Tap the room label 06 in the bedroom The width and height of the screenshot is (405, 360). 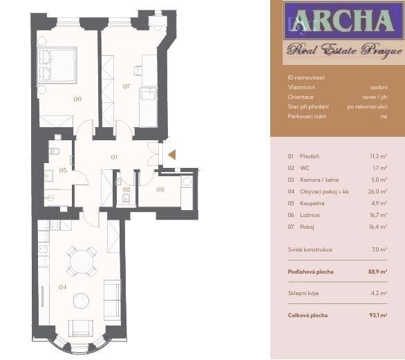[77, 100]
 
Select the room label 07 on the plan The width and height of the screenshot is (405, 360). [126, 86]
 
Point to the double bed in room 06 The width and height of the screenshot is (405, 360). [57, 66]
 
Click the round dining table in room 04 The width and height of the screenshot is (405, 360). [82, 262]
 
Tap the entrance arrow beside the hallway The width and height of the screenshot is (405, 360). [171, 155]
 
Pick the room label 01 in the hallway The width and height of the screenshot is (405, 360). [115, 158]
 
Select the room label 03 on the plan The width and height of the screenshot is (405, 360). [160, 189]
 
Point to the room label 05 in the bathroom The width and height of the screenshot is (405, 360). [62, 170]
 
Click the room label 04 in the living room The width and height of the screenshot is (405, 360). [62, 287]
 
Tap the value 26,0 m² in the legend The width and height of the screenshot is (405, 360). [377, 191]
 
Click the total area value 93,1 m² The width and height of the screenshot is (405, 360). [377, 315]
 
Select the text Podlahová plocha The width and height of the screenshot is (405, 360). [310, 272]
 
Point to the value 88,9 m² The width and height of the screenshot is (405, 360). [377, 272]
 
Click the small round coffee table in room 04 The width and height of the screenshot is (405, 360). [82, 301]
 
